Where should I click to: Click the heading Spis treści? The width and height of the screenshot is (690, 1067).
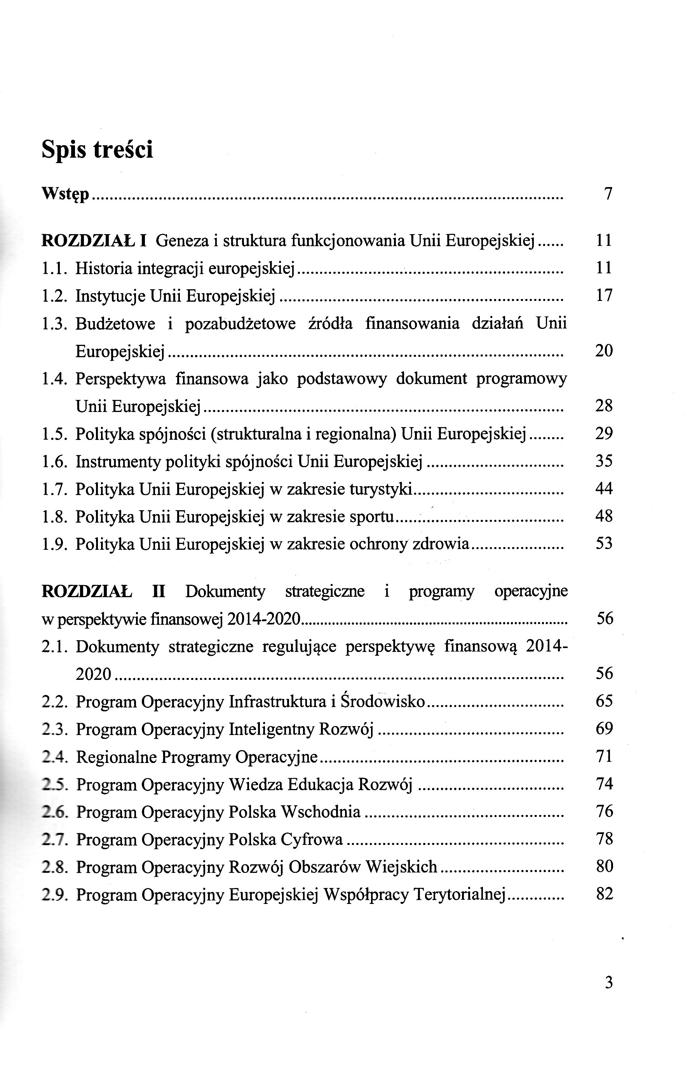tap(97, 149)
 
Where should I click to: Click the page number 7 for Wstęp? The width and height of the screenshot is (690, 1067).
tap(608, 194)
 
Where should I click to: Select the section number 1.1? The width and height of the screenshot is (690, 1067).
tap(54, 269)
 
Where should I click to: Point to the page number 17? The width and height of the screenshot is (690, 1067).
tap(604, 295)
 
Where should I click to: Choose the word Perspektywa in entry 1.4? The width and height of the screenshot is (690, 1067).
tap(120, 380)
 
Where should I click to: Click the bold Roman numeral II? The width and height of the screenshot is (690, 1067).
tap(159, 592)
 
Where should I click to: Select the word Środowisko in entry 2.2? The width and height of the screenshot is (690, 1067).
tap(383, 701)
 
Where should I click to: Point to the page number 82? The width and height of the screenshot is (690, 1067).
tap(605, 894)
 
